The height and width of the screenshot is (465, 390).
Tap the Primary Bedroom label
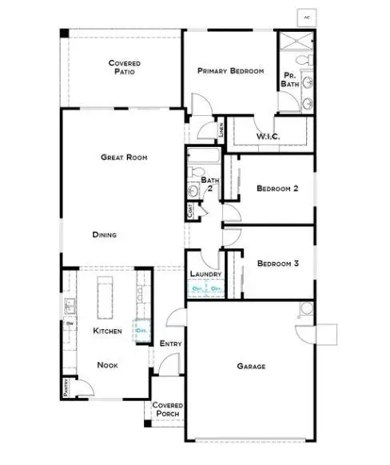(x=230, y=71)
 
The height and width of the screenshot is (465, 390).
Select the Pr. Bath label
(x=290, y=79)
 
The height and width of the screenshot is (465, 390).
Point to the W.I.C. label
(x=268, y=137)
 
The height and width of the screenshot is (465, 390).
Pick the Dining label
(x=105, y=235)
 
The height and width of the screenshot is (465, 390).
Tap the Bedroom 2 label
(x=277, y=189)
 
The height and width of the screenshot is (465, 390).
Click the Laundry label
(x=205, y=275)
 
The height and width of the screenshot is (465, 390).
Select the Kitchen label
(x=107, y=330)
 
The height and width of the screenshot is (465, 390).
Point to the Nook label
(x=108, y=364)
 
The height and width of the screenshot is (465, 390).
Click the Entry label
(x=171, y=344)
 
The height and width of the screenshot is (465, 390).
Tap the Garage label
(x=251, y=367)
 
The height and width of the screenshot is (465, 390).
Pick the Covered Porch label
(x=169, y=410)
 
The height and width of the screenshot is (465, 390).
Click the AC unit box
(x=307, y=16)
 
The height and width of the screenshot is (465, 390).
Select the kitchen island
(x=105, y=296)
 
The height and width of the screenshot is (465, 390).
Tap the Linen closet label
(x=221, y=128)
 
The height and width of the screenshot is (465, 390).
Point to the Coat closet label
(x=190, y=211)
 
